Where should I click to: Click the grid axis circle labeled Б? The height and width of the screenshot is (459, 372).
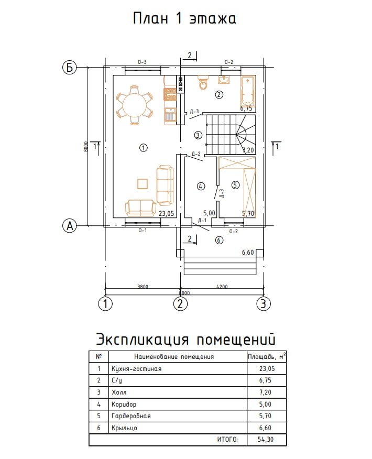pos(69,67)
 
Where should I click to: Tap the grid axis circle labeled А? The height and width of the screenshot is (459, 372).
pos(69,226)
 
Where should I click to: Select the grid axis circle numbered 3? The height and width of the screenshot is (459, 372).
pos(264,303)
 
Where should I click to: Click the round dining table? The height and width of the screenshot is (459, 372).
pos(134,105)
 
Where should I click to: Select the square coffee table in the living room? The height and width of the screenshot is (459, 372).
pos(143,183)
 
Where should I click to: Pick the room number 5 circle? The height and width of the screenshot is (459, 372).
pos(235,184)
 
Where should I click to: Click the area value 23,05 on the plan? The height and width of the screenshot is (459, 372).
pos(166,213)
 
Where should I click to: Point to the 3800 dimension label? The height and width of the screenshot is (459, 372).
pos(143,287)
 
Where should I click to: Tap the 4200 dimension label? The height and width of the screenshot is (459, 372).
pos(222,287)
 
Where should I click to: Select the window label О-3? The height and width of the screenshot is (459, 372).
pos(142,62)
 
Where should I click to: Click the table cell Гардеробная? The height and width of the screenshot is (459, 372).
pos(131,416)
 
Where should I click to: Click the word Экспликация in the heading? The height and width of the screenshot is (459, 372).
pos(141,340)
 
